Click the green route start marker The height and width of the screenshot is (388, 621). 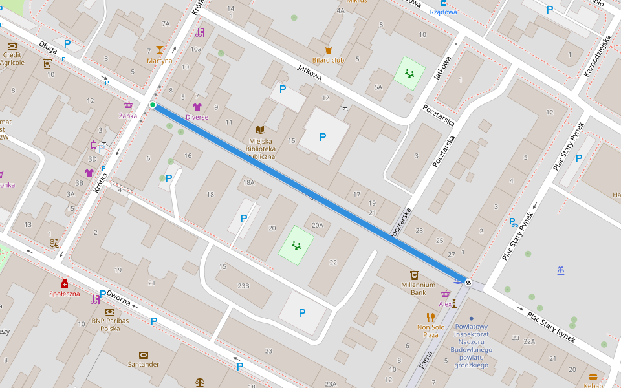[x=153, y=105]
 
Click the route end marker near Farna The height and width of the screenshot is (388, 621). [x=468, y=283]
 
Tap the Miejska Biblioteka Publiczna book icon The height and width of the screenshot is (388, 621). [x=261, y=130]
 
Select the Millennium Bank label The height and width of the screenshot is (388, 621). [x=418, y=288]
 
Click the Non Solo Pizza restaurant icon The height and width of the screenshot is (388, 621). [x=431, y=317]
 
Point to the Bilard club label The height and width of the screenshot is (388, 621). [x=328, y=60]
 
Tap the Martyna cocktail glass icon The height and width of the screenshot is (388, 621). [x=160, y=50]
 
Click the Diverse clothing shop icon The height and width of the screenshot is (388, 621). [x=197, y=107]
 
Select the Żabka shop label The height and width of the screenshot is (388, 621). [x=128, y=116]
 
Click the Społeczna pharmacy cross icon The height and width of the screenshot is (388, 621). [x=65, y=283]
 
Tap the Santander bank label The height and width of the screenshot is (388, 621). [x=143, y=364]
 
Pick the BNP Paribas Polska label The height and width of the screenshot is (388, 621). [x=110, y=324]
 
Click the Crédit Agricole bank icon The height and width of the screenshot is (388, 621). [x=12, y=46]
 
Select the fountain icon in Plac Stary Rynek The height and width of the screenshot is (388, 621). [x=560, y=270]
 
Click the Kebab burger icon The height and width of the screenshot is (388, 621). [x=593, y=377]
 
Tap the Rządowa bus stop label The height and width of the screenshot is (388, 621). [x=444, y=12]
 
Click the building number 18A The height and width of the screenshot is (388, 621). [x=248, y=183]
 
